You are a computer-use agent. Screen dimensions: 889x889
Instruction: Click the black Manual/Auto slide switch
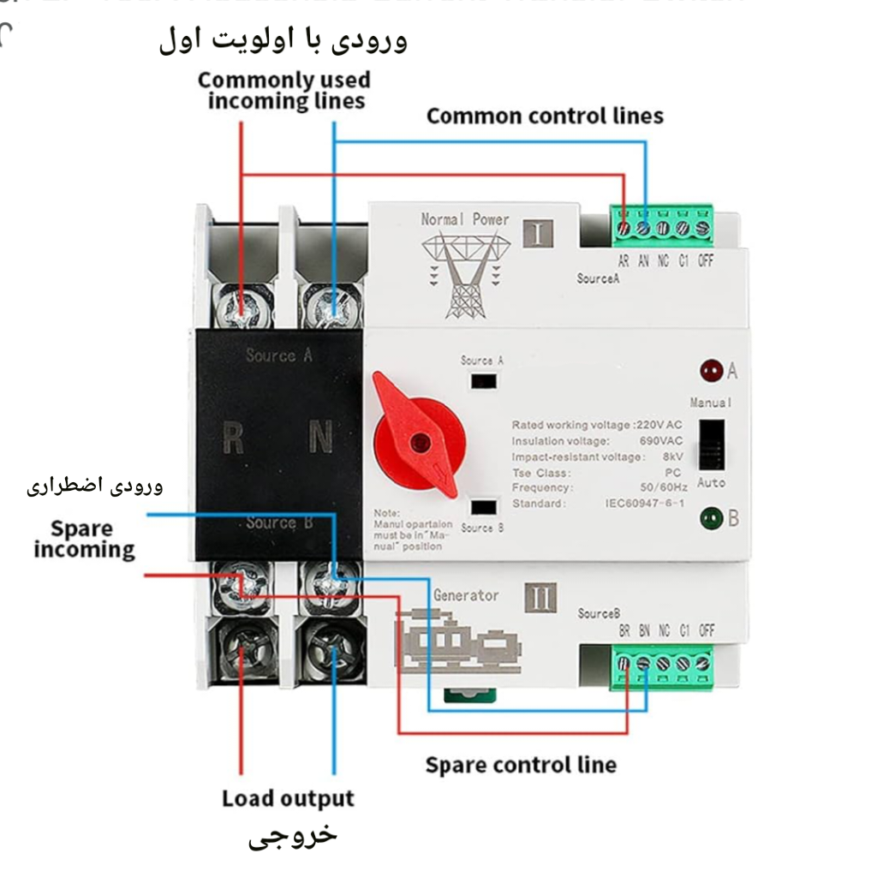tap(711, 445)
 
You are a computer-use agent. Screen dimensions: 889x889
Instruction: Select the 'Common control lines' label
tap(545, 116)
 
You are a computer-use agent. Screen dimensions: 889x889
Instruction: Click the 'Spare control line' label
tap(521, 764)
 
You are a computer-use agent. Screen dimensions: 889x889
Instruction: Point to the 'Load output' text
tap(288, 799)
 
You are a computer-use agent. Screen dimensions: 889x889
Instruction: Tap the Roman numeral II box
tap(539, 597)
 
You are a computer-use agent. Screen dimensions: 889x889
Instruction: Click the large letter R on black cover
tap(233, 438)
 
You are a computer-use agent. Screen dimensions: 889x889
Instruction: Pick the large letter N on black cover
tap(320, 438)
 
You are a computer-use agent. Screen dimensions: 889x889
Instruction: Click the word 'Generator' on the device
tap(466, 595)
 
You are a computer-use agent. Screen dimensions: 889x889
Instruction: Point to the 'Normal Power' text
tap(464, 219)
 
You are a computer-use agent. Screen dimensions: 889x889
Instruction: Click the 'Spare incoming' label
tap(84, 539)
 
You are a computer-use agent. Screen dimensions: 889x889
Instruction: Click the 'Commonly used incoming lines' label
tap(285, 91)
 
